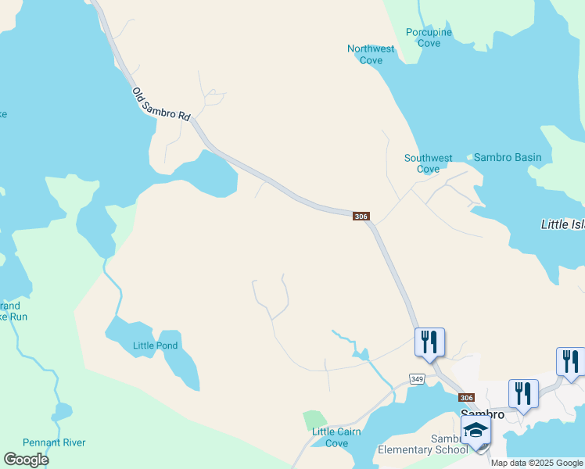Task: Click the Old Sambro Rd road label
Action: [x=161, y=104]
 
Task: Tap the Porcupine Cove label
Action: [x=429, y=38]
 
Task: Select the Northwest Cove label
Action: [x=371, y=54]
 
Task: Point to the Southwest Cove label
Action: [x=428, y=163]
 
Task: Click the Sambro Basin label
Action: [x=508, y=157]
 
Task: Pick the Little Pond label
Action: [x=156, y=345]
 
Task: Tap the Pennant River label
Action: [x=54, y=442]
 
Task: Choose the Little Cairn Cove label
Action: [x=336, y=437]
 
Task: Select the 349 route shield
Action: [x=417, y=378]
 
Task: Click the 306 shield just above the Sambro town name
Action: [x=467, y=397]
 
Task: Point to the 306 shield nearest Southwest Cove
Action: [x=361, y=216]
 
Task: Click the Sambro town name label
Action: [x=481, y=414]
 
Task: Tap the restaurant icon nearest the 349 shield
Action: [x=429, y=342]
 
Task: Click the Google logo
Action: [x=26, y=460]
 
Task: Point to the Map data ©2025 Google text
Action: [x=537, y=463]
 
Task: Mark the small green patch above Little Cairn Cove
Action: [x=314, y=419]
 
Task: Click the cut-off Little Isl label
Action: [x=562, y=224]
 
